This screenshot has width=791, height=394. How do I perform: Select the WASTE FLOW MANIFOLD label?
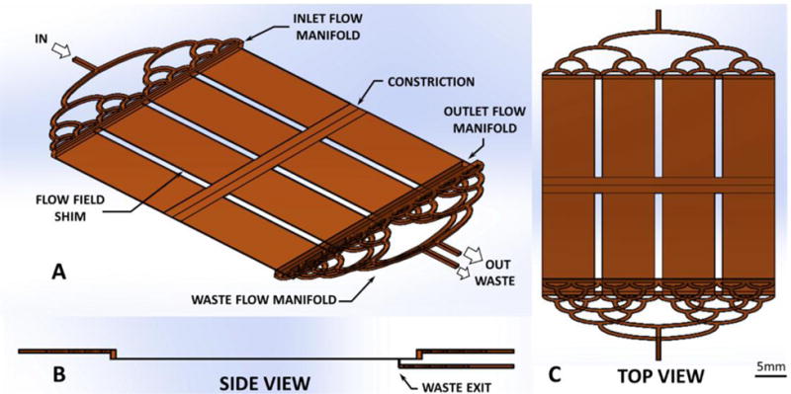263,299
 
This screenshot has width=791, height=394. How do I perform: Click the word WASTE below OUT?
497,281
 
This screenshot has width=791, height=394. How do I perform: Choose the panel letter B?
59,375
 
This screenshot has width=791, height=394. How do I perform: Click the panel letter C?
555,374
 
